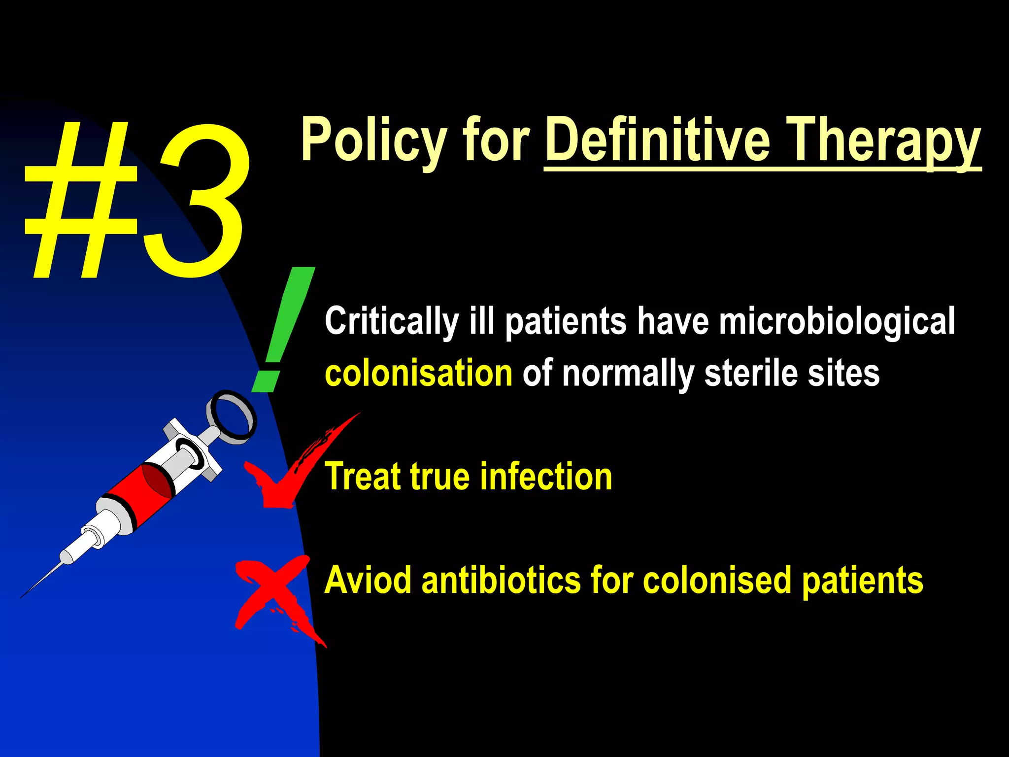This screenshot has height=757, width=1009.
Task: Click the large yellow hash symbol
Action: click(x=81, y=202)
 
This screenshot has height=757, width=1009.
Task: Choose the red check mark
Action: click(x=296, y=468)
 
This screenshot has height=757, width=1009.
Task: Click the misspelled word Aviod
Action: click(x=368, y=580)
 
